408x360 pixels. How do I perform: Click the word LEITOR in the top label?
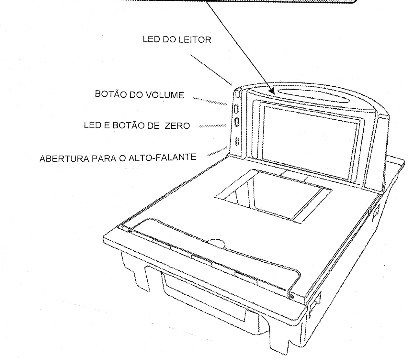(x=195, y=40)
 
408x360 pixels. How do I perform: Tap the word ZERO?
(x=177, y=126)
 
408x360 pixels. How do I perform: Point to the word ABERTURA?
(x=64, y=158)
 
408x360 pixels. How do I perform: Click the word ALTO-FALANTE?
(x=162, y=157)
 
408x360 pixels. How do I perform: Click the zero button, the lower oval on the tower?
(x=237, y=122)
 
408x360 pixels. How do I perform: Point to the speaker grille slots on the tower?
(x=237, y=141)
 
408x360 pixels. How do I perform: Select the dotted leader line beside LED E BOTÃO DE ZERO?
(x=213, y=126)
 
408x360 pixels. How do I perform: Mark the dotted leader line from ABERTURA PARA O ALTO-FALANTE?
(x=217, y=151)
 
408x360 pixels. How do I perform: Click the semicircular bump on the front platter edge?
(x=217, y=243)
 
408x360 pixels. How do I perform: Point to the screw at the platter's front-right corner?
(x=292, y=297)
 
